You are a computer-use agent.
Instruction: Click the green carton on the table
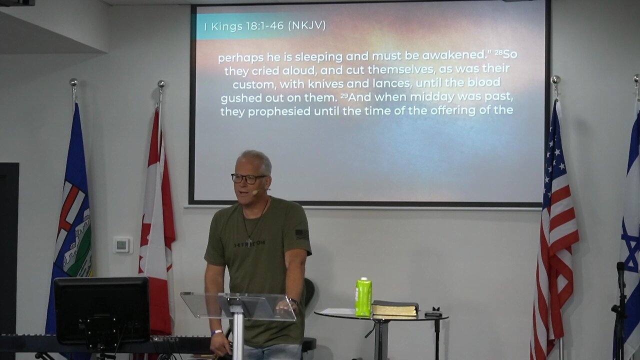click(x=363, y=297)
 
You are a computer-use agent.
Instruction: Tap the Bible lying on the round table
click(x=395, y=308)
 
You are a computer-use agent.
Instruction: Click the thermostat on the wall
click(x=122, y=245)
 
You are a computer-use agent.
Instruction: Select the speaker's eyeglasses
click(x=248, y=178)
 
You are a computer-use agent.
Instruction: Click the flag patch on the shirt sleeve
click(x=301, y=233)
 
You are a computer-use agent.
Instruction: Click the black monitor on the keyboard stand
click(x=101, y=310)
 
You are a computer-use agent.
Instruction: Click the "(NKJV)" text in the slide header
click(x=306, y=25)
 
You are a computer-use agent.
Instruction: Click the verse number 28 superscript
click(x=498, y=52)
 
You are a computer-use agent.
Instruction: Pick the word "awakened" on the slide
click(x=456, y=56)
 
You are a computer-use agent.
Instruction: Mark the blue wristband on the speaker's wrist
click(x=216, y=332)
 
